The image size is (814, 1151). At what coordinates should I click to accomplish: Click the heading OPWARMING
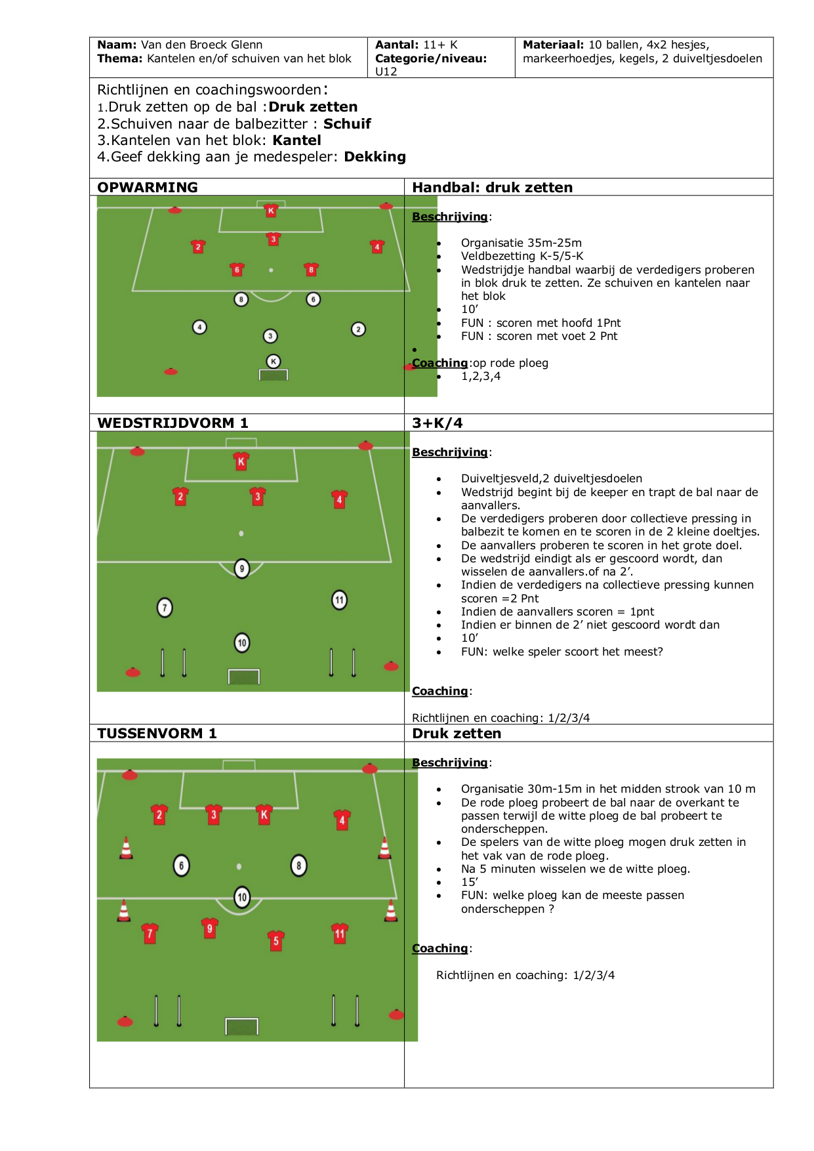tap(148, 188)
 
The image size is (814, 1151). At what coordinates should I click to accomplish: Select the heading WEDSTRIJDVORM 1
tap(173, 423)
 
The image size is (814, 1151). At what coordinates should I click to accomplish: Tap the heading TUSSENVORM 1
tap(157, 734)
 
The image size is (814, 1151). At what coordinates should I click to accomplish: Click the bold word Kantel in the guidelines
tap(297, 140)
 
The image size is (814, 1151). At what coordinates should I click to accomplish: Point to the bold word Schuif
tap(347, 124)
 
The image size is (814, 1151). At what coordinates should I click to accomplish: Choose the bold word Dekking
tap(375, 157)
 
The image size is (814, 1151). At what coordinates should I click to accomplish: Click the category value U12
tap(386, 72)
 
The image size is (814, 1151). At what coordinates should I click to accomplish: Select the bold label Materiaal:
tap(554, 45)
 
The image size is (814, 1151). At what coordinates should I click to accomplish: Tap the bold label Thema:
tap(120, 58)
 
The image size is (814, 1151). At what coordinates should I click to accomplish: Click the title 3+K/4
tap(438, 423)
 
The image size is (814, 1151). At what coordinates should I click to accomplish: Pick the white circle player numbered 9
tap(242, 568)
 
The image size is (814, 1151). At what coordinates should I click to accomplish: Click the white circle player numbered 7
tap(165, 608)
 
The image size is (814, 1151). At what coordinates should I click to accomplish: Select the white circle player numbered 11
tap(339, 600)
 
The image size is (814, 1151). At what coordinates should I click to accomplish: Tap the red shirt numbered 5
tap(276, 941)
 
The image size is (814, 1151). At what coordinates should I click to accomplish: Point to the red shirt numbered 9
tap(210, 929)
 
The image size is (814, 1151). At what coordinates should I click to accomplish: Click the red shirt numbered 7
tap(150, 933)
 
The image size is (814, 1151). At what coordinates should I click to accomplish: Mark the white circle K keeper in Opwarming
tap(274, 361)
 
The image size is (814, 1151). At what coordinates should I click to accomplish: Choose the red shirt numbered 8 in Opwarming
tap(312, 269)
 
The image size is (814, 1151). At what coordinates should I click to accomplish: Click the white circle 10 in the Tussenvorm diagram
tap(242, 897)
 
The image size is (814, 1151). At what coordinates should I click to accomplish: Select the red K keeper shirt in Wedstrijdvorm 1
tap(241, 461)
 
